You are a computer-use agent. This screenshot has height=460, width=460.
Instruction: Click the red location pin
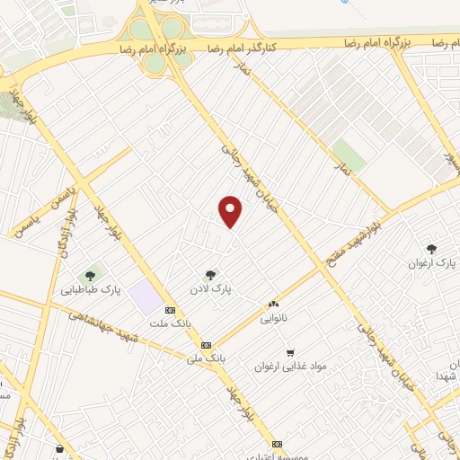231,212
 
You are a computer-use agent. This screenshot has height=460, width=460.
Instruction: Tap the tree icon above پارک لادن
211,275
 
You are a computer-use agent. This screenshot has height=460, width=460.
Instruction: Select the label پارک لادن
211,289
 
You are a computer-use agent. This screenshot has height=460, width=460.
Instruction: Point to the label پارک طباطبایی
90,289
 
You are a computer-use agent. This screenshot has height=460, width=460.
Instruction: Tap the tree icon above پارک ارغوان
431,249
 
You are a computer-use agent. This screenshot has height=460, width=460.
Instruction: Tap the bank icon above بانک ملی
207,344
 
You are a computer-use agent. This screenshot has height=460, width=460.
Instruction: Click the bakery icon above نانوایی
273,305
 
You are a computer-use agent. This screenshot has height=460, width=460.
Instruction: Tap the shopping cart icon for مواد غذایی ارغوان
289,352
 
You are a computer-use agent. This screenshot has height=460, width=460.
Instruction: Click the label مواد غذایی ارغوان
289,367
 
